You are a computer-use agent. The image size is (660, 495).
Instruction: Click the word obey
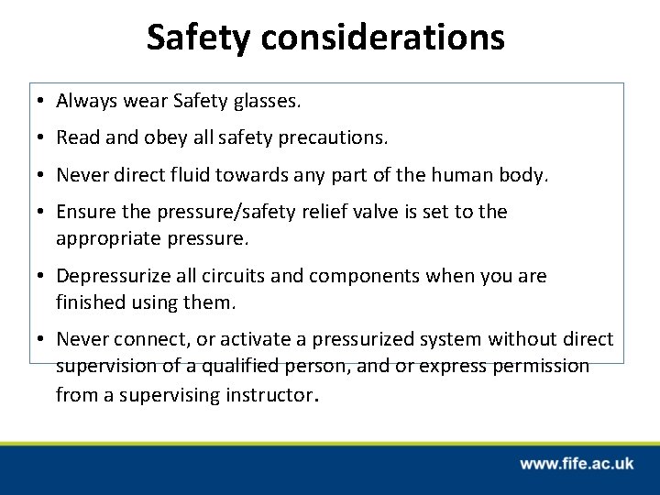[156, 138]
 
